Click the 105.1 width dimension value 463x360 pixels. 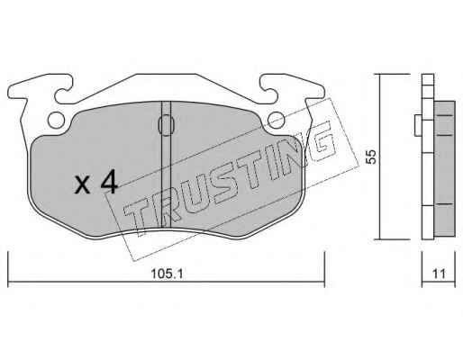click(x=167, y=274)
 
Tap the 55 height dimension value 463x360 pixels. click(x=372, y=157)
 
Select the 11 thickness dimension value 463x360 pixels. click(x=439, y=274)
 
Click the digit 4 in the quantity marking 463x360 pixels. click(x=109, y=181)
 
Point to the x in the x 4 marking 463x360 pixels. click(x=82, y=184)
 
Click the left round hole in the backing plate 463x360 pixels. click(x=56, y=121)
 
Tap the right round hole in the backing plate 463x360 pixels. click(x=277, y=121)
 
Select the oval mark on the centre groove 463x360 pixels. click(x=167, y=125)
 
